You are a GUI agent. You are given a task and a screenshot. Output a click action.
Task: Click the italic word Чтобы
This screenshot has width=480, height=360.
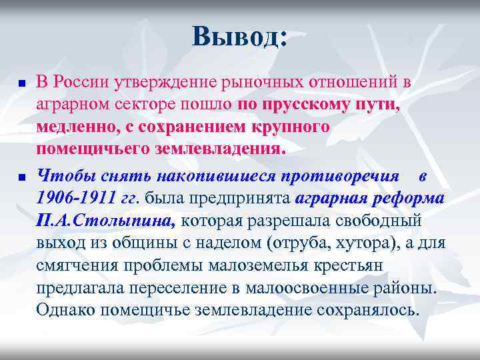click(x=62, y=175)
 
